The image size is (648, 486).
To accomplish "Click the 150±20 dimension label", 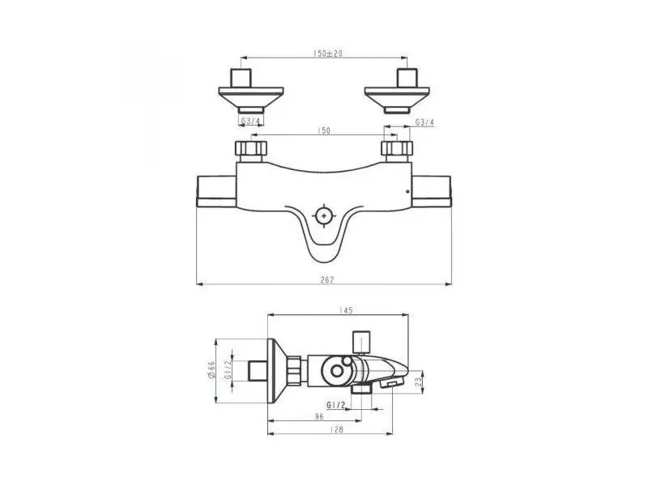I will [x=327, y=53].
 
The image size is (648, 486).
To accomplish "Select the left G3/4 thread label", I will [x=251, y=122].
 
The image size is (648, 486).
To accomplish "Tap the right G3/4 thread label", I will [x=424, y=122].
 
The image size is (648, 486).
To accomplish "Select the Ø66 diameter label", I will [x=210, y=370].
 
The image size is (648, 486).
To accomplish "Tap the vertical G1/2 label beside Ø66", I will [x=228, y=370].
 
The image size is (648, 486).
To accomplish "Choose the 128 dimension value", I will [x=338, y=429].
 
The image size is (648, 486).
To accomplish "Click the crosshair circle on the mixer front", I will [x=324, y=216].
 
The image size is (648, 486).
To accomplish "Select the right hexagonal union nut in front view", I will [x=397, y=149].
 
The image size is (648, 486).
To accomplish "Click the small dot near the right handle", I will [x=407, y=192].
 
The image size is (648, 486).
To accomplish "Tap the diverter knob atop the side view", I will [x=361, y=340].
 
